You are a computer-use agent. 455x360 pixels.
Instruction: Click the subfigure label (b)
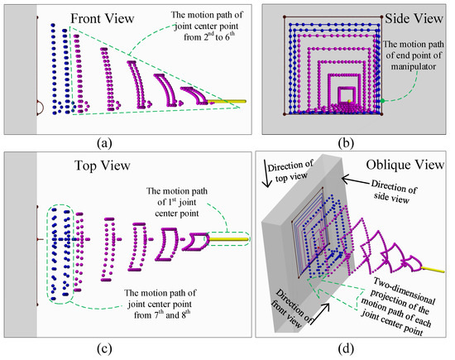pos(356,142)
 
